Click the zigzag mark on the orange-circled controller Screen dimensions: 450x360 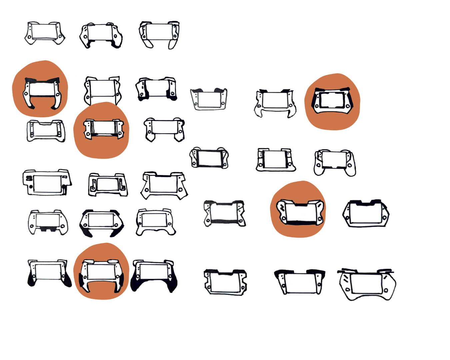(x=283, y=207)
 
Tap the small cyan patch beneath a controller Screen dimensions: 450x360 (x=223, y=230)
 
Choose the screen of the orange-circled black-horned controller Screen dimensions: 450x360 (x=40, y=89)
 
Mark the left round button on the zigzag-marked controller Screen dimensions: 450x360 (x=283, y=219)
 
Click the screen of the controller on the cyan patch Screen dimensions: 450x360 (x=224, y=212)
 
